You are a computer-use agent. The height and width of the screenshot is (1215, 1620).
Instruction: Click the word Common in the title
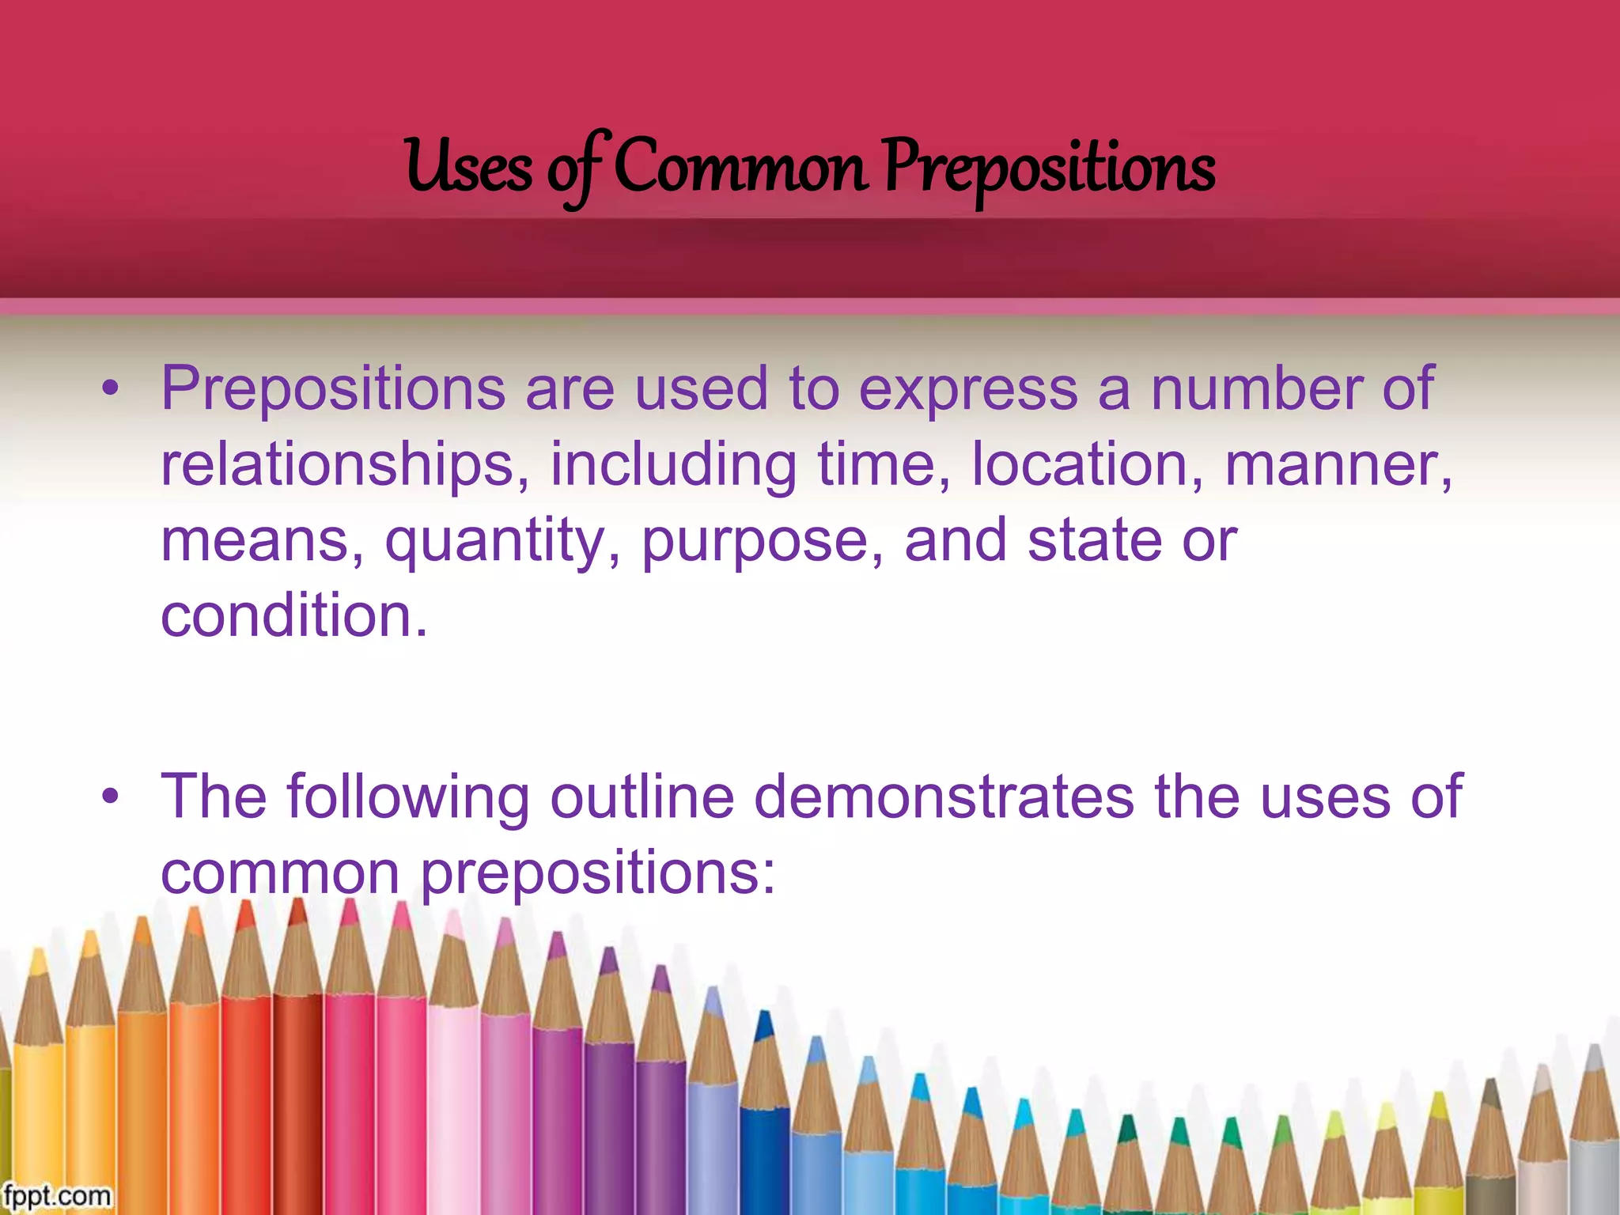coord(740,167)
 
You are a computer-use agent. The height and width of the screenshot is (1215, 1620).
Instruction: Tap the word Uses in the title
coord(468,167)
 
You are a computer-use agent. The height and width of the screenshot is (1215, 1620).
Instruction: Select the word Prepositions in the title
coord(1049,167)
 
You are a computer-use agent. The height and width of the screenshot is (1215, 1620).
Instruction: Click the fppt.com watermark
coord(56,1194)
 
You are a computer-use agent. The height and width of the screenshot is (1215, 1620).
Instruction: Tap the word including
coord(673,464)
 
